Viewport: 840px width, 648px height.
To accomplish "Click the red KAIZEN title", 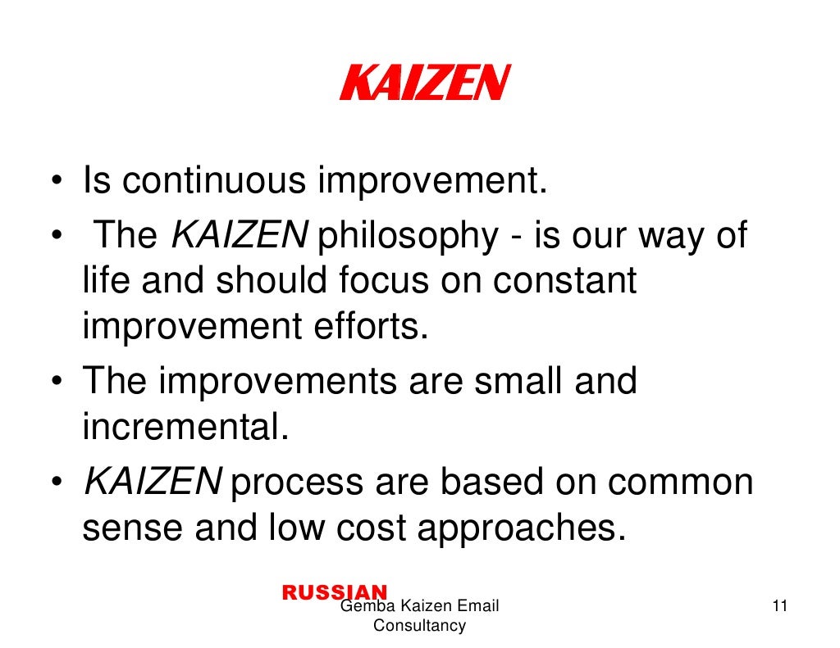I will click(x=424, y=83).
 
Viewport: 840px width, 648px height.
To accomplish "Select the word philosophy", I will click(x=406, y=237).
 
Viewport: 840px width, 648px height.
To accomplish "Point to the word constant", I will click(x=564, y=281).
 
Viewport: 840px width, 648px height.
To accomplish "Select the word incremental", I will click(x=186, y=427).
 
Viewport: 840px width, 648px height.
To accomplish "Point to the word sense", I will click(x=132, y=528).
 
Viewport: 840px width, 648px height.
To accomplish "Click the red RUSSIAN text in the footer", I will click(x=334, y=592).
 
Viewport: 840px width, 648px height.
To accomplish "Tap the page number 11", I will click(x=779, y=607).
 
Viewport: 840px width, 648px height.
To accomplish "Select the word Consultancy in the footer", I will click(x=419, y=627).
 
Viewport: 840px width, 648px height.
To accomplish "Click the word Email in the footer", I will click(x=479, y=607).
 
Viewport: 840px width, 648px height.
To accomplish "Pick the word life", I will click(x=110, y=281).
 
